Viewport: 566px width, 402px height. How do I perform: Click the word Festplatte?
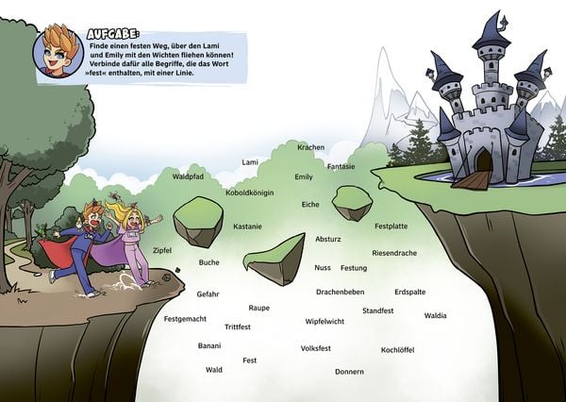(391, 226)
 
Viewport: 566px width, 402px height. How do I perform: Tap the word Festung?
(354, 268)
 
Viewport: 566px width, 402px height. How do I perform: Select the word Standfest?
(378, 310)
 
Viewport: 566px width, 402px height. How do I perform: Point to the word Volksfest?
(316, 348)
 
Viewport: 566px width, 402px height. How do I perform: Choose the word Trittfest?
(238, 327)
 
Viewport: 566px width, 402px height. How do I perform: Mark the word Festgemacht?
(185, 319)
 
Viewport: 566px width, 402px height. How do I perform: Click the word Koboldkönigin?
(250, 193)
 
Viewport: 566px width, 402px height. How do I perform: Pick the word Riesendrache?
(394, 253)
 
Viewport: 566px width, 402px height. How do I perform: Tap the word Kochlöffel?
(397, 350)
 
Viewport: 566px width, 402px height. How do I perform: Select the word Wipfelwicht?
(325, 322)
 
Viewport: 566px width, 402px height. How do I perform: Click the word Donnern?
(349, 372)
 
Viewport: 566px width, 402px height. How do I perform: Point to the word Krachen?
(310, 147)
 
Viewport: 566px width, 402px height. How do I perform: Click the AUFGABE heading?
(112, 34)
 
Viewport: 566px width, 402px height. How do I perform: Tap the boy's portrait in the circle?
(58, 51)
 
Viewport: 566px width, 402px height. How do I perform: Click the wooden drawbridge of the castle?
(473, 179)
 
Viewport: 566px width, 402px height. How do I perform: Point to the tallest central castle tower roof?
(492, 31)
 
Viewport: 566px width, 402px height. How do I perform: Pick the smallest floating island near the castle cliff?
(352, 203)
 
